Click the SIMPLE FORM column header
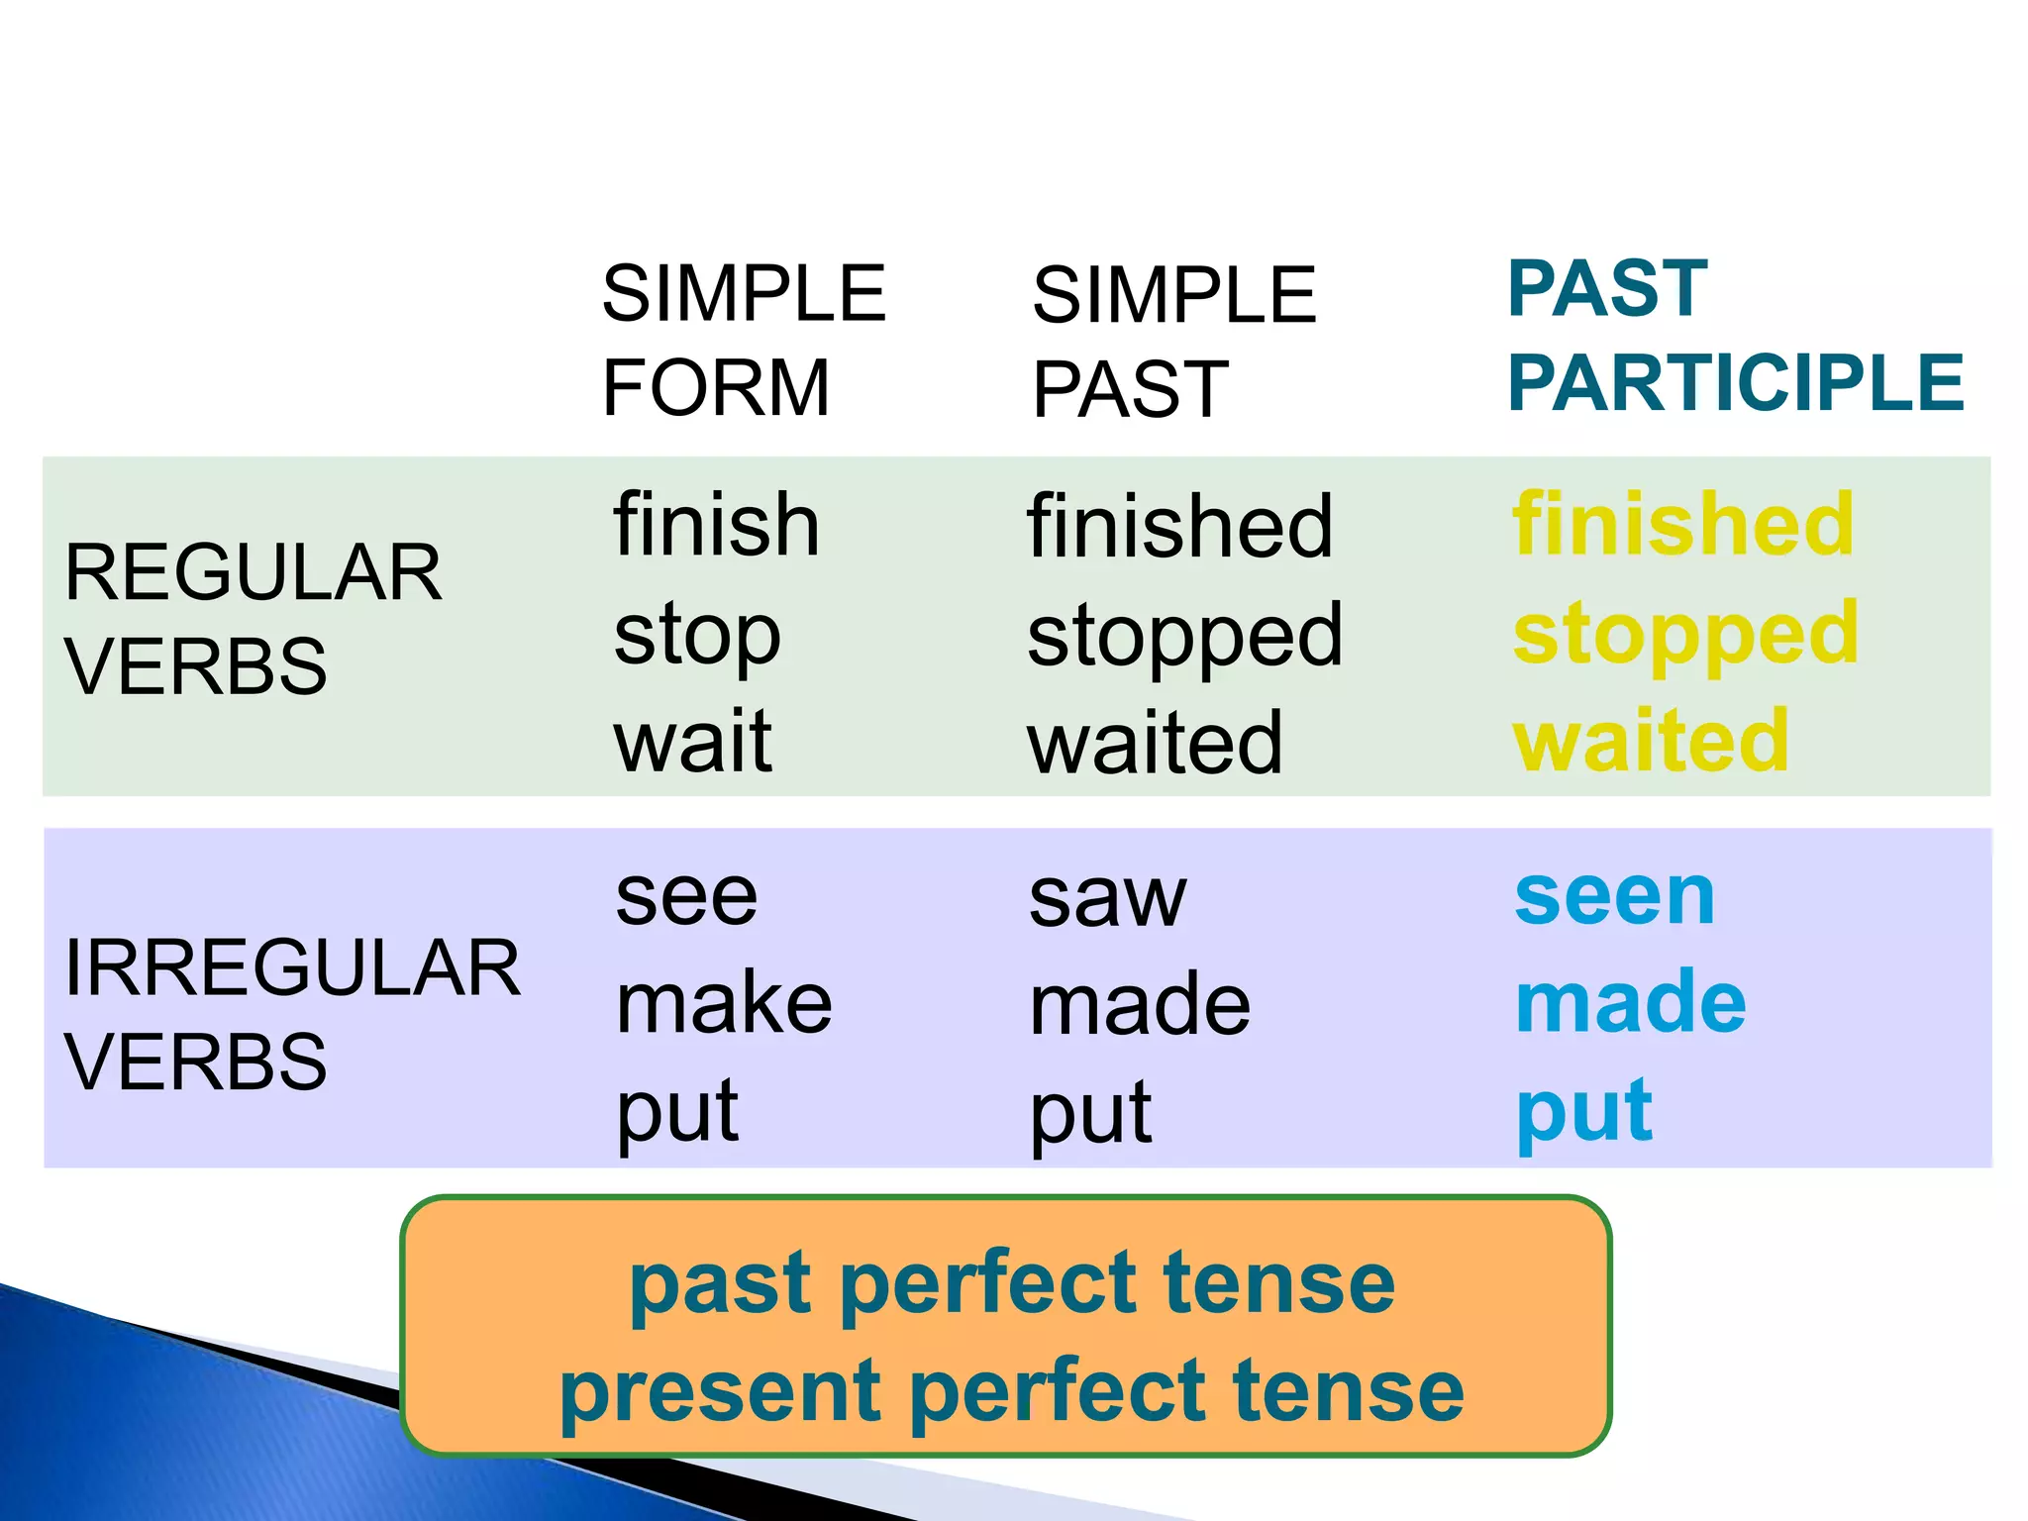coord(743,340)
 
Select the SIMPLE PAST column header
coord(1173,342)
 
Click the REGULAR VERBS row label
coord(253,619)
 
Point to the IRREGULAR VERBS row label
coord(292,1014)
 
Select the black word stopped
coord(1184,636)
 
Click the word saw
coord(1107,899)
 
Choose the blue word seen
coord(1614,897)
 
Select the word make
coord(724,1004)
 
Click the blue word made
coord(1630,1002)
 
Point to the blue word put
coord(1583,1113)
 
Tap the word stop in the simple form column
coord(697,636)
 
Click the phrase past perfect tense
coord(1012,1283)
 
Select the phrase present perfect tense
coord(1012,1390)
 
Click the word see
coord(686,897)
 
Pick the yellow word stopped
coord(1685,636)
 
